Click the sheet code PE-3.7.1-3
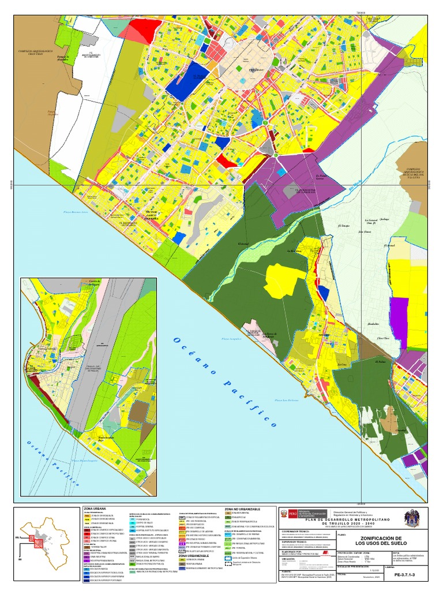(x=407, y=575)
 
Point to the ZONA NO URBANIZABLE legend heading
(x=242, y=509)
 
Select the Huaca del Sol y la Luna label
(x=411, y=174)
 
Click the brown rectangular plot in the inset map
(x=138, y=411)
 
